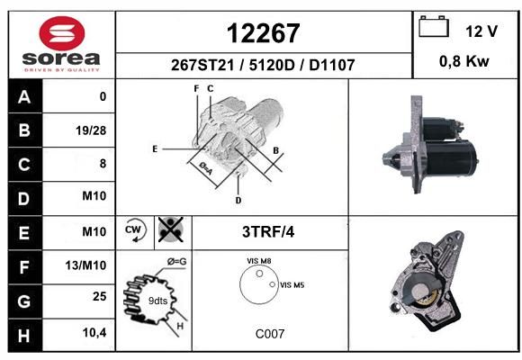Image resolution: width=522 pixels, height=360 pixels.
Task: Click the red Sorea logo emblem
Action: coord(62,33)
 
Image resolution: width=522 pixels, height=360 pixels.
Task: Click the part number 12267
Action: coord(264,33)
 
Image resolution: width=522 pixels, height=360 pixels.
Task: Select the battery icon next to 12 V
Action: coord(434,27)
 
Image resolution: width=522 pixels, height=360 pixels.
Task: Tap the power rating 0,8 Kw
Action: coord(464,61)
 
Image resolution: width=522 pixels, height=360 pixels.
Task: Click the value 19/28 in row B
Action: coord(91,130)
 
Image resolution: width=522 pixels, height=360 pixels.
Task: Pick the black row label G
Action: coord(25,301)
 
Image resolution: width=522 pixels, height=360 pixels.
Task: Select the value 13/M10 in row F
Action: coord(85,265)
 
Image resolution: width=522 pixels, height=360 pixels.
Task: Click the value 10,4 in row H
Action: coord(94,332)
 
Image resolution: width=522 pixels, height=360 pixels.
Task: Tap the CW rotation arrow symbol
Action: coord(135,229)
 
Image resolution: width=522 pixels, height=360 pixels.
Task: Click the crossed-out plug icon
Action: coord(170,229)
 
